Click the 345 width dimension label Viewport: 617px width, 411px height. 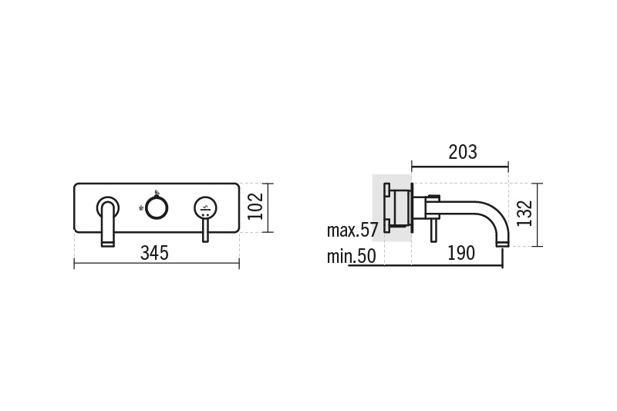155,253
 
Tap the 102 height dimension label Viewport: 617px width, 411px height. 255,207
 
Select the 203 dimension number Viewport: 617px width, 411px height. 463,152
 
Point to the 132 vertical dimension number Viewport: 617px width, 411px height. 524,214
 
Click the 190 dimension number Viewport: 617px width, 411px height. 461,253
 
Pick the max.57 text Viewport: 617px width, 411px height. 352,230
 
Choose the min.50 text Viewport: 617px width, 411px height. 352,257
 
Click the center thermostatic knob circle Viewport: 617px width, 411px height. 157,207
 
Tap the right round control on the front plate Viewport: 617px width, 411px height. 205,207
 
